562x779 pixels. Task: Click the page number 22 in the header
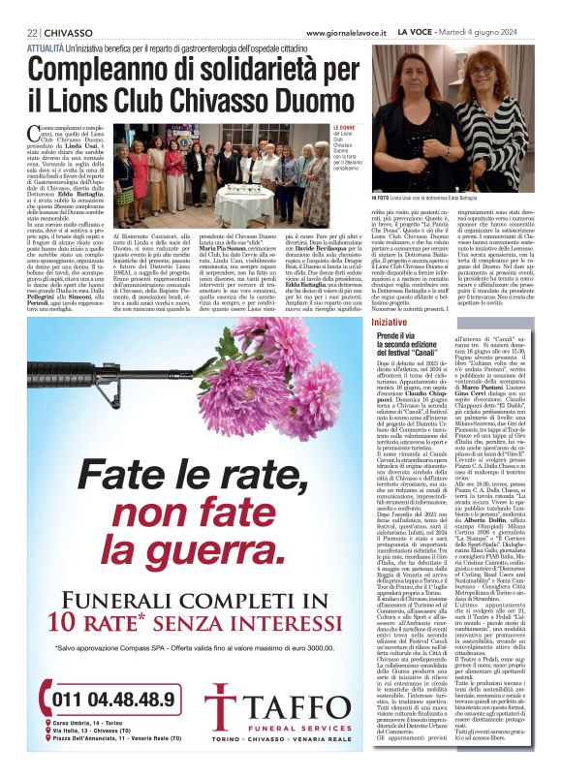coord(33,32)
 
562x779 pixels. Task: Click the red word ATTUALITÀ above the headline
coord(49,47)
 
